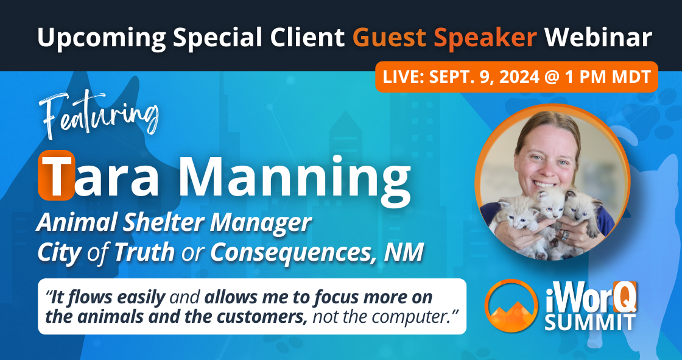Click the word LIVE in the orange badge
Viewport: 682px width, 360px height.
(401, 77)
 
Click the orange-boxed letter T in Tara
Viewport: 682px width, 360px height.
(56, 175)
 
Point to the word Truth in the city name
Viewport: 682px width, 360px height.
(143, 252)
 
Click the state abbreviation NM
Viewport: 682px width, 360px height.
(403, 252)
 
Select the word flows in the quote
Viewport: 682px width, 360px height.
(88, 297)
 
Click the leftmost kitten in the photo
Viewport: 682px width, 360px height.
(515, 219)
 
